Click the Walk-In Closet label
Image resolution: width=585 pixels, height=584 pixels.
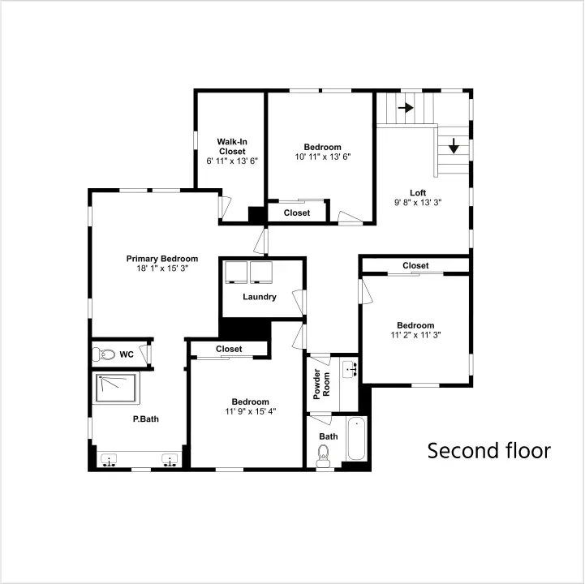click(232, 147)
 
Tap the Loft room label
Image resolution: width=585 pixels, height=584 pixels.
click(418, 193)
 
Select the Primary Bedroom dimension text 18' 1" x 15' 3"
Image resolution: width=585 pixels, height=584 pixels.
click(162, 268)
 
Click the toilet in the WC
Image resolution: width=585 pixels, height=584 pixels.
click(103, 354)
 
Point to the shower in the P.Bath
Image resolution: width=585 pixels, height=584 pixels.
click(116, 388)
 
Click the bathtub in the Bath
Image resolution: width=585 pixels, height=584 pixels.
click(356, 439)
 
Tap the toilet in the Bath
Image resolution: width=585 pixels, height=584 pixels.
click(323, 456)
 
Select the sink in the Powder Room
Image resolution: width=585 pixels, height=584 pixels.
click(350, 369)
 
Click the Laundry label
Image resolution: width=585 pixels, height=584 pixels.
click(260, 297)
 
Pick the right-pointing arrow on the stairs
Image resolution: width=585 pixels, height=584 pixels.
click(406, 108)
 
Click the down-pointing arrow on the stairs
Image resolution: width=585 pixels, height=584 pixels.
click(454, 146)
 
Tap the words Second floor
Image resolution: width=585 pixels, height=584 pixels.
click(489, 450)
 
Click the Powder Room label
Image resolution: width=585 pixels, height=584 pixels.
click(321, 384)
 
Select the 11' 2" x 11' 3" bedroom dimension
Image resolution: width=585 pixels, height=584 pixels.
click(415, 335)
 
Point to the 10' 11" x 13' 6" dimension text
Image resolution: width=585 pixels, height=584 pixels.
click(323, 157)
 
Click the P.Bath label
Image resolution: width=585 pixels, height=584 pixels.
click(146, 419)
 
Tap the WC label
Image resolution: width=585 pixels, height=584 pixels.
click(127, 354)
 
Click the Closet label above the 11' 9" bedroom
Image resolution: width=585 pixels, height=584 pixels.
click(229, 349)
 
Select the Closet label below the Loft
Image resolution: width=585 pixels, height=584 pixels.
click(415, 265)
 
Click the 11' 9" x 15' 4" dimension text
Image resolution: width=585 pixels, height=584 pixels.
click(251, 411)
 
